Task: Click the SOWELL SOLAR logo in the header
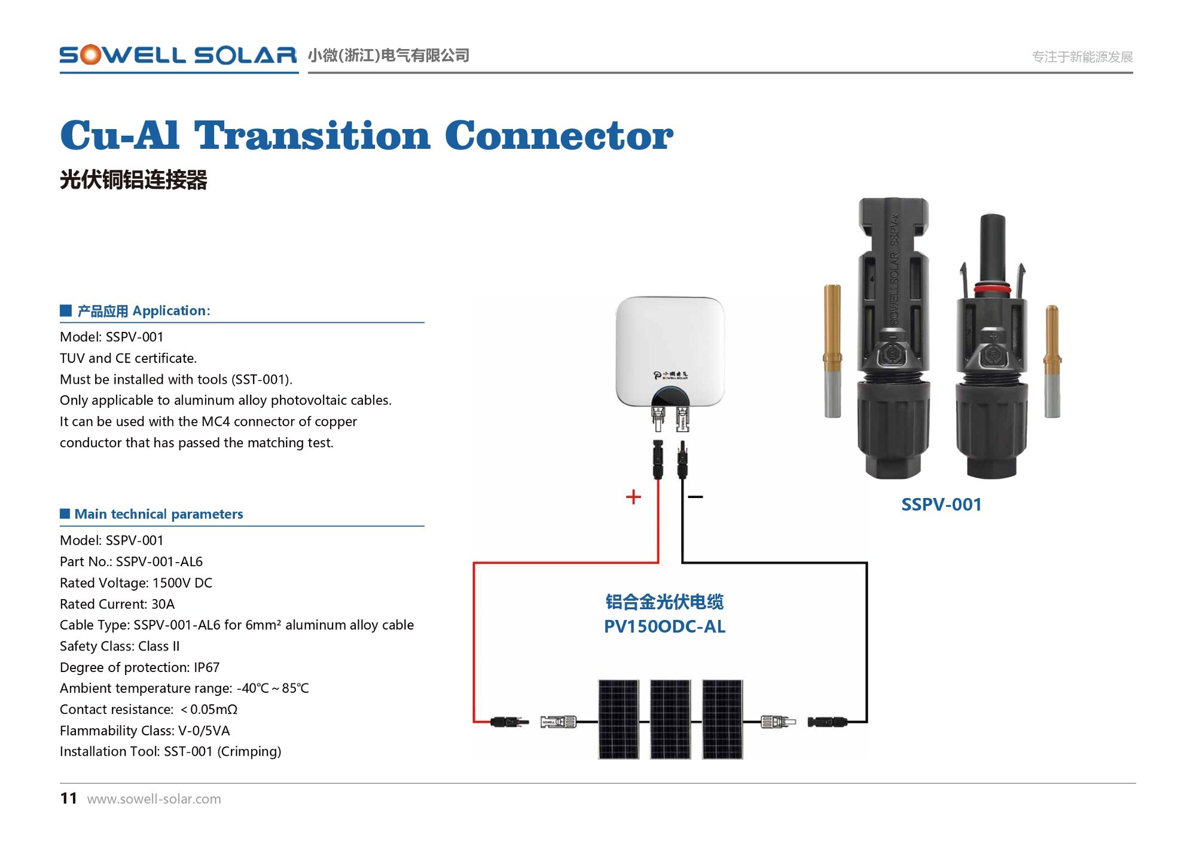point(178,55)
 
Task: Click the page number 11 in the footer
point(69,798)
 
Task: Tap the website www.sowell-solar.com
point(154,799)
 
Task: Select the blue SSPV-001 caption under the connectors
point(941,505)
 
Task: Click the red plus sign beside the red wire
point(633,497)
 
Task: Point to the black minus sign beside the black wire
point(695,497)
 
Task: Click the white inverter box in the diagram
point(670,352)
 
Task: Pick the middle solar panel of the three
point(670,719)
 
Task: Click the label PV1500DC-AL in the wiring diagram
point(664,627)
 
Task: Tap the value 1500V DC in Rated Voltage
point(182,583)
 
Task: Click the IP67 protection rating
point(206,667)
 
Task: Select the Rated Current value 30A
point(163,604)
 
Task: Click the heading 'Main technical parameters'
point(159,514)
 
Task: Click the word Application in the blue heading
point(171,311)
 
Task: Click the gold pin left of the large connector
point(832,351)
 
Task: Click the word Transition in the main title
point(312,136)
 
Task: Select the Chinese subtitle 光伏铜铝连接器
point(133,179)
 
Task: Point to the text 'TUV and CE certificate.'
point(128,358)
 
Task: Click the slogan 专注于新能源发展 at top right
point(1082,57)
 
